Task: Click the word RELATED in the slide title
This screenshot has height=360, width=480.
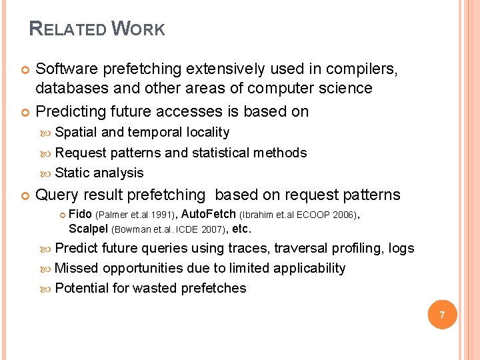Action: click(x=67, y=29)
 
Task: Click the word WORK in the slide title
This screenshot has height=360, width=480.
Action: click(x=138, y=29)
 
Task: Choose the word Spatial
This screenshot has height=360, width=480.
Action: click(x=76, y=132)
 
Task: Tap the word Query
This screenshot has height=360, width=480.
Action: click(x=56, y=195)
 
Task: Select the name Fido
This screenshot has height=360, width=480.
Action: click(x=81, y=215)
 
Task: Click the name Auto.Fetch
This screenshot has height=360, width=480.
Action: click(x=208, y=215)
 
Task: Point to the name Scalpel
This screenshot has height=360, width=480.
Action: click(x=89, y=229)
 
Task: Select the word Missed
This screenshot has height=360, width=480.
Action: click(x=77, y=268)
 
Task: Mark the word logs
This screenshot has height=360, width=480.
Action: click(x=401, y=248)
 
